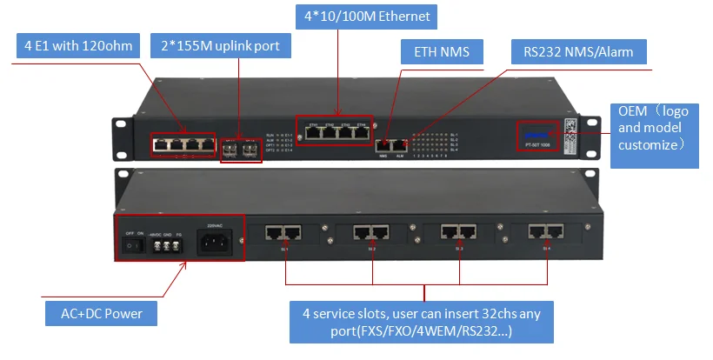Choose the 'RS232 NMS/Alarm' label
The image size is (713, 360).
tap(578, 53)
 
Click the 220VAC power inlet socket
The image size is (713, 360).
tap(215, 241)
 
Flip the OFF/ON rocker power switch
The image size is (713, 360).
tap(132, 245)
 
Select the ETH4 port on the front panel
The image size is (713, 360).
tap(361, 133)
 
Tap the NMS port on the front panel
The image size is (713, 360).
tap(383, 143)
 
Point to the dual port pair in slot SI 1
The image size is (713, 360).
tap(284, 231)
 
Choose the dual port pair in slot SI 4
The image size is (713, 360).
tap(546, 231)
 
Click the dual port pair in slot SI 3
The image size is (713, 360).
tap(459, 231)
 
